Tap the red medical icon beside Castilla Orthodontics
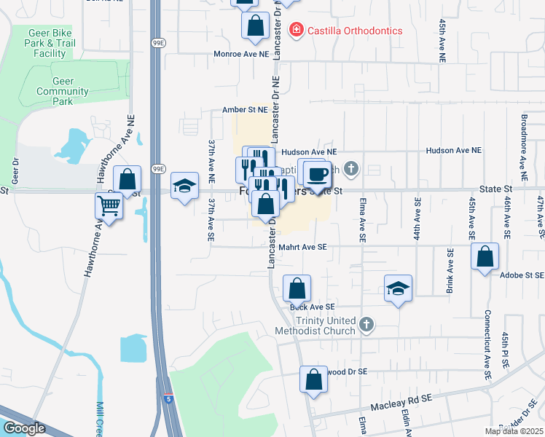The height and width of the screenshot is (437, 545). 296,31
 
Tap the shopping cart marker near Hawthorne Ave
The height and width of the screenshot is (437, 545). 109,207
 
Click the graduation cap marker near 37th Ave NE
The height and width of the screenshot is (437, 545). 184,186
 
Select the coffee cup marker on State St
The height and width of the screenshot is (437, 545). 317,175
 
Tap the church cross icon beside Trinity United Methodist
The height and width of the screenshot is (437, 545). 366,324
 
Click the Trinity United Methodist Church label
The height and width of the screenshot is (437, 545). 315,326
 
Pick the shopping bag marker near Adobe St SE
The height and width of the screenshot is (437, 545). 485,257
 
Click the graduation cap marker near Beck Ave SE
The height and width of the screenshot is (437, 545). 399,289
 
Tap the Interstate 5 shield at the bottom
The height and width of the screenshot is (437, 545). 168,400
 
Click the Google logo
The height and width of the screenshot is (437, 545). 24,428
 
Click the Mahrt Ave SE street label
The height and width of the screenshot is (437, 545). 303,247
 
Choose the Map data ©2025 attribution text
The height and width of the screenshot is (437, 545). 514,431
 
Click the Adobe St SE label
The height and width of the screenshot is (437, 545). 522,276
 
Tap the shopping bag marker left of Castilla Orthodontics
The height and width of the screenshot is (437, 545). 256,25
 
